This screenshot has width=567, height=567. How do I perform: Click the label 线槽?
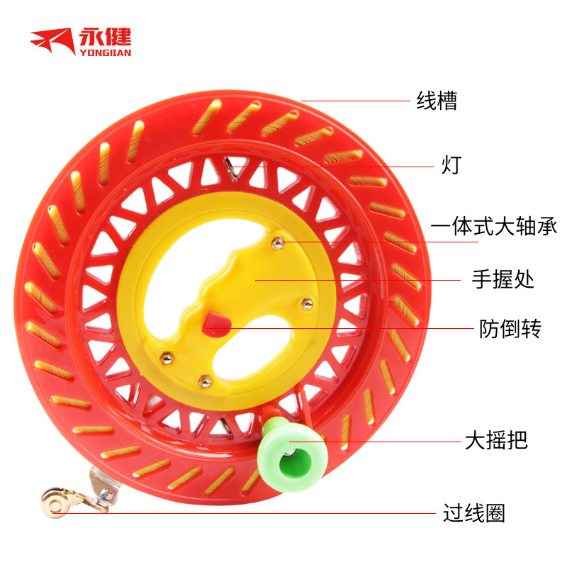(x=437, y=101)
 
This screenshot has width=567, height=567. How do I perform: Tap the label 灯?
(x=451, y=166)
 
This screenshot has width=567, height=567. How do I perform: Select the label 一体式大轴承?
(x=494, y=228)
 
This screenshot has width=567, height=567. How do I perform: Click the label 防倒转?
(x=510, y=329)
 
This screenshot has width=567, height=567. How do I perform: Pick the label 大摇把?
(x=496, y=441)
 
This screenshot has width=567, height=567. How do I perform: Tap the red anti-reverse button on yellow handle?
(x=215, y=323)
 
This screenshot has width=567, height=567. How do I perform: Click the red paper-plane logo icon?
(x=54, y=40)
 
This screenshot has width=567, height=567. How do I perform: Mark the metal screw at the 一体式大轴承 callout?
(x=279, y=244)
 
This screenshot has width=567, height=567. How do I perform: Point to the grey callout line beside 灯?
(x=333, y=166)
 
